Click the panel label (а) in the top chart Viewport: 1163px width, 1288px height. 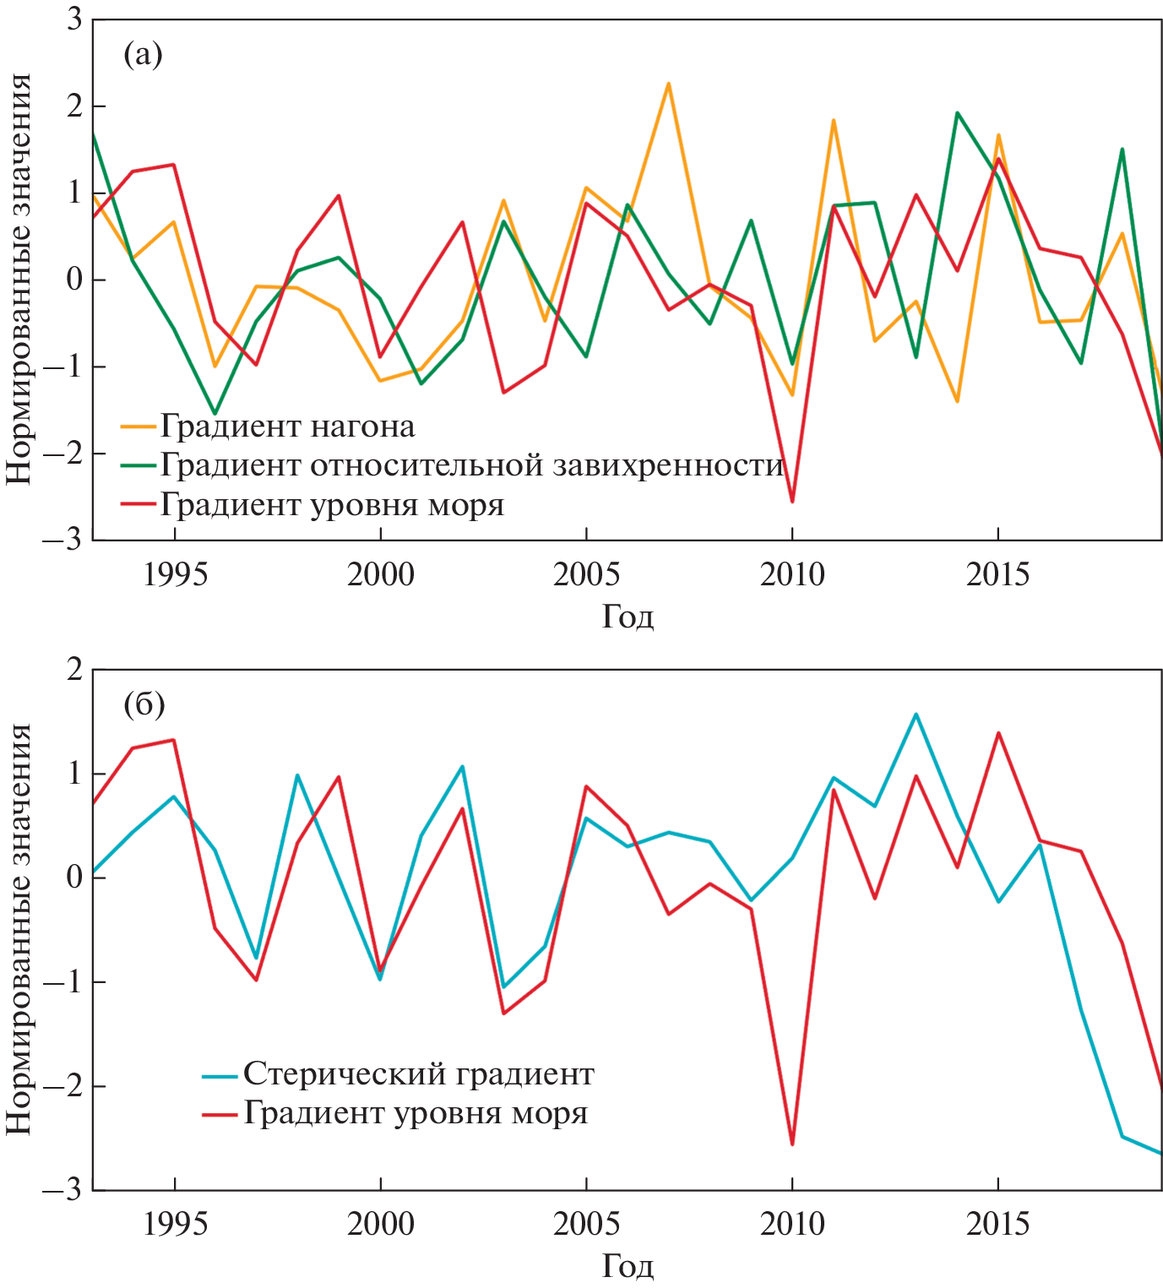[x=143, y=55]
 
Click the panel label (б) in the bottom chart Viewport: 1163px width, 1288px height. [x=144, y=704]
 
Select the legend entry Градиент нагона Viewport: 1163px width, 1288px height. [x=287, y=427]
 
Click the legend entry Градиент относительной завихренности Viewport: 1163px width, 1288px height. [x=471, y=465]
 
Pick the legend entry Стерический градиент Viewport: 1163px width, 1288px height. [x=418, y=1074]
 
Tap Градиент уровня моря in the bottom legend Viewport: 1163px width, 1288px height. [x=416, y=1113]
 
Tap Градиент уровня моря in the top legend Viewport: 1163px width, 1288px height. [x=332, y=505]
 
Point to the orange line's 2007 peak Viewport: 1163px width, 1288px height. [x=668, y=84]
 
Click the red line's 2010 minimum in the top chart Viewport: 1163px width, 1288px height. [x=792, y=502]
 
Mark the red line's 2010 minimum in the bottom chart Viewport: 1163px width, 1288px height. [x=792, y=1144]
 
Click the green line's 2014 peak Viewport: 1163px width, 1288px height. [x=957, y=112]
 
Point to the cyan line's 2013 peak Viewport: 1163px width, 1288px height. [x=916, y=715]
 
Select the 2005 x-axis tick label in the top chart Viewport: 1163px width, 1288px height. [x=586, y=575]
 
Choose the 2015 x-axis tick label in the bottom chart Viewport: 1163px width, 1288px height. [x=997, y=1224]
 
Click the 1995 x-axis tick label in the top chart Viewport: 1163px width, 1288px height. [x=175, y=575]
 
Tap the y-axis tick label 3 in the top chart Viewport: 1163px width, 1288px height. [x=74, y=19]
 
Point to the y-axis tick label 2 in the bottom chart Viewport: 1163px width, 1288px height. [x=74, y=670]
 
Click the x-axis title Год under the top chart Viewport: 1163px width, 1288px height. [x=628, y=617]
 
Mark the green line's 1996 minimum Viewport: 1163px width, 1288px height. [x=215, y=413]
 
